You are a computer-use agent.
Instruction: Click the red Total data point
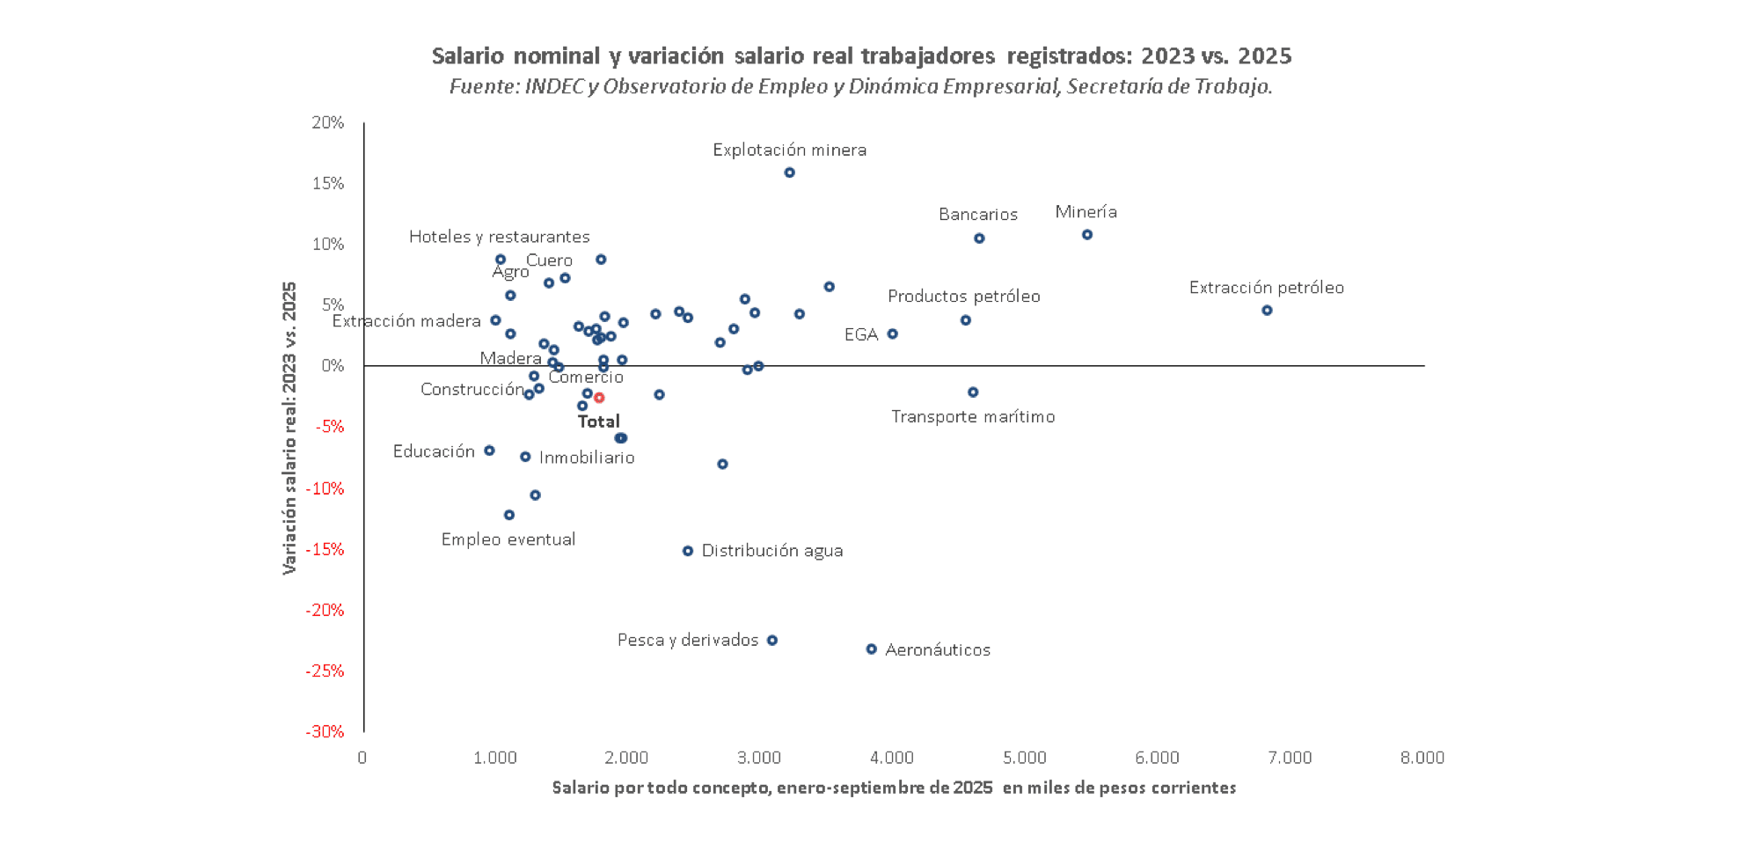pos(599,398)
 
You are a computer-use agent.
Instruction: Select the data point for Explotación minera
pos(790,172)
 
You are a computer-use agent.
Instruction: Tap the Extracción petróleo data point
pos(1267,311)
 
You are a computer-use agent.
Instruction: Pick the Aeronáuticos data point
pos(872,649)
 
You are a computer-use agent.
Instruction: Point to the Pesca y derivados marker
pos(772,641)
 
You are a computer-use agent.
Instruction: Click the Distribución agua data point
pos(688,551)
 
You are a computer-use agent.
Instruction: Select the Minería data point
pos(1087,235)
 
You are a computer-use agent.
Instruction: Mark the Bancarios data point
pos(979,238)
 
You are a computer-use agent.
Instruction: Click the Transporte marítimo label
pos(973,416)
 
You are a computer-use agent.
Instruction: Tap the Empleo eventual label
pos(508,539)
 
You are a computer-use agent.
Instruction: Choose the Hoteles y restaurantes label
pos(499,237)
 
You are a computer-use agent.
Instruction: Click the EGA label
pos(861,334)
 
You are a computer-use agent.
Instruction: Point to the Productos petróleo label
pos(963,297)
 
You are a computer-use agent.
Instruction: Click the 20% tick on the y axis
pos(328,122)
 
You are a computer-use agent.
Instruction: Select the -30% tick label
pos(325,731)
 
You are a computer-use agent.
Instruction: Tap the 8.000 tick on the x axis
pos(1422,758)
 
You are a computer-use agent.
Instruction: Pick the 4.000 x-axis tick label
pos(892,758)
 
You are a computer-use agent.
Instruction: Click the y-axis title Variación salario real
pos(289,428)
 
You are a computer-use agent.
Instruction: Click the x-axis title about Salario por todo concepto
pos(894,788)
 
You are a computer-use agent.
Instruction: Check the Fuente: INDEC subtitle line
pos(860,86)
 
